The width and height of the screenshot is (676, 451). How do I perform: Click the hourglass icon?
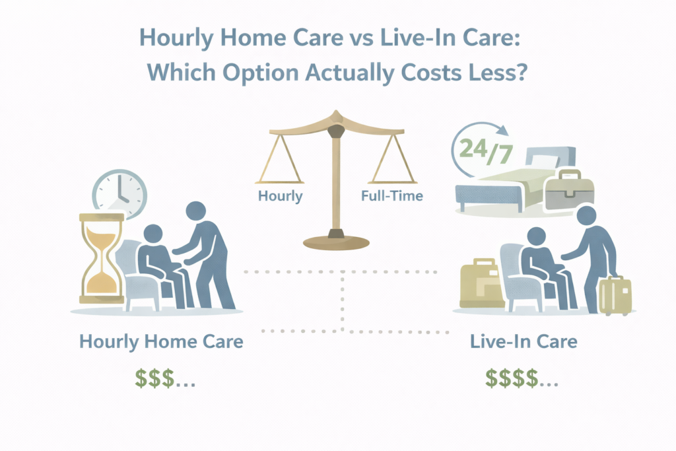click(x=101, y=258)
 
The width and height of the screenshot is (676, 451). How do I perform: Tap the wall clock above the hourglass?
click(x=119, y=193)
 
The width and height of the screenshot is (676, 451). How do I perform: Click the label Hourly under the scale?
click(x=279, y=195)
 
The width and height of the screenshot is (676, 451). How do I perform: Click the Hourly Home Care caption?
click(x=161, y=342)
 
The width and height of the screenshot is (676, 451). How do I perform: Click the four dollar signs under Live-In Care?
click(x=522, y=377)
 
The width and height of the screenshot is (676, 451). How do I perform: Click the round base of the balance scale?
click(x=336, y=240)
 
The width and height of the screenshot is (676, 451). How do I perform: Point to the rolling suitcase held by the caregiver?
click(x=615, y=295)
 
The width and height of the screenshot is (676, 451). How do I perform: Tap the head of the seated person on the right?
click(x=536, y=236)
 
